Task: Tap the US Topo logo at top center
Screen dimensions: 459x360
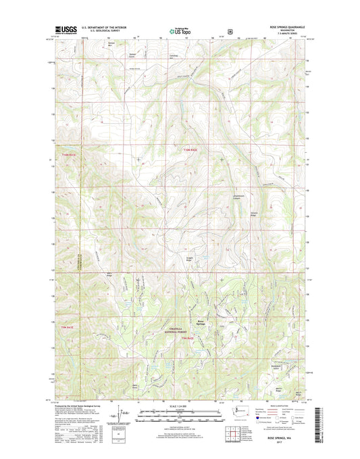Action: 179,30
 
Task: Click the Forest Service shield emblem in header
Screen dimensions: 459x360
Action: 231,30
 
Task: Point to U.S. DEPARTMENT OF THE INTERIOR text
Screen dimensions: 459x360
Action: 108,28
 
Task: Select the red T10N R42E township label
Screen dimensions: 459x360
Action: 191,150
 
